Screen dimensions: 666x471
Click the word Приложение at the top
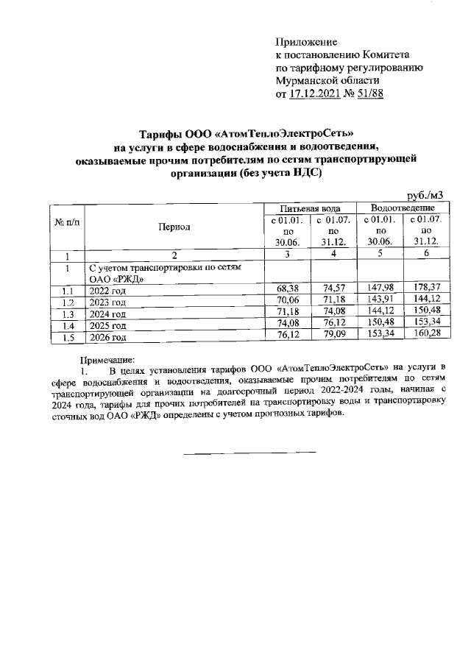point(305,42)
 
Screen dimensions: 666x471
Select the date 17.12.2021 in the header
point(320,94)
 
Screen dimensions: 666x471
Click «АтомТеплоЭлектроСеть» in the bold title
point(284,134)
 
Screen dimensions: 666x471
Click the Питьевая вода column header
point(310,209)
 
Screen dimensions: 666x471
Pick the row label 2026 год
point(107,338)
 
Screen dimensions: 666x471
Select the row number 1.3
point(66,315)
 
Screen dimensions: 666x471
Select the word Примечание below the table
point(103,360)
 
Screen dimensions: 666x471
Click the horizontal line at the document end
point(249,450)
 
